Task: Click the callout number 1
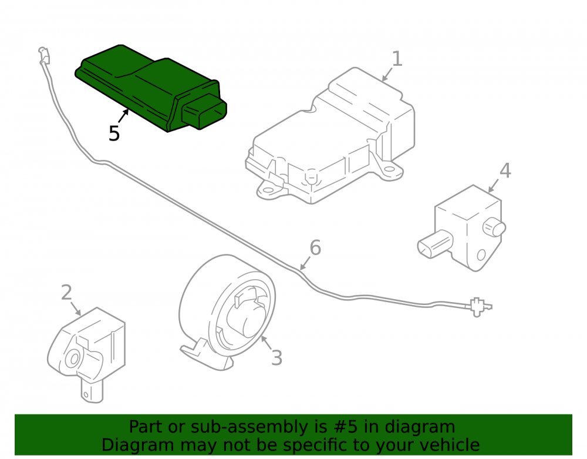pyautogui.click(x=397, y=59)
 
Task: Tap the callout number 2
pyautogui.click(x=66, y=292)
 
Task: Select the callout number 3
pyautogui.click(x=276, y=357)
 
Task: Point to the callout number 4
pyautogui.click(x=505, y=170)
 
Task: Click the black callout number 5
pyautogui.click(x=114, y=133)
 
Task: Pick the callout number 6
pyautogui.click(x=315, y=247)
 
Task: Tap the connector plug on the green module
pyautogui.click(x=204, y=111)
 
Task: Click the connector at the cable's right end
pyautogui.click(x=479, y=307)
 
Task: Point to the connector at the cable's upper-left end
pyautogui.click(x=45, y=55)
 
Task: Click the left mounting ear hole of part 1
pyautogui.click(x=268, y=189)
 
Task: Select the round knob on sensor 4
pyautogui.click(x=494, y=227)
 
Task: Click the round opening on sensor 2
pyautogui.click(x=73, y=359)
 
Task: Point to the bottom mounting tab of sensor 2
pyautogui.click(x=92, y=391)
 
